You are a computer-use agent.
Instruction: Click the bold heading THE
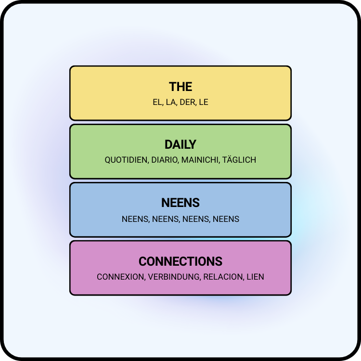(x=180, y=87)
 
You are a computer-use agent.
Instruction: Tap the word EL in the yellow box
(x=158, y=102)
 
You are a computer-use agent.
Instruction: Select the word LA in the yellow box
(x=171, y=102)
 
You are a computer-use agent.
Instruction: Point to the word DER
(x=187, y=102)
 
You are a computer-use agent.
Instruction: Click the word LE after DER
(x=204, y=102)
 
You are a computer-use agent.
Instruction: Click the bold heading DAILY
(x=180, y=145)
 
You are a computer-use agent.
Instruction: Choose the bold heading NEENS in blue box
(x=180, y=203)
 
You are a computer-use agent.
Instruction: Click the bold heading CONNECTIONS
(x=180, y=261)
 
